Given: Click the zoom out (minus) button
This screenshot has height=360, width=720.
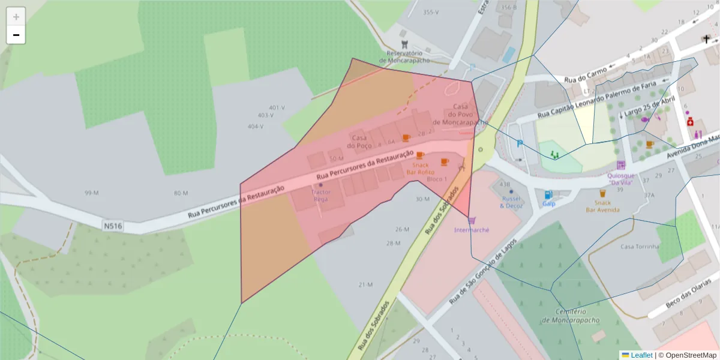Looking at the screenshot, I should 16,35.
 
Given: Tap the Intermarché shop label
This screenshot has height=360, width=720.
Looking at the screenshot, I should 472,230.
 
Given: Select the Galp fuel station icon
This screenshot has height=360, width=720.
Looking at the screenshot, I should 548,195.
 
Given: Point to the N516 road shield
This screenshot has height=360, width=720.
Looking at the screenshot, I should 112,226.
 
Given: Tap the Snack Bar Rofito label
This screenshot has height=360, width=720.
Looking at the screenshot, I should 420,169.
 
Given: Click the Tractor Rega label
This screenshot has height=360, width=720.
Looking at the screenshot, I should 320,195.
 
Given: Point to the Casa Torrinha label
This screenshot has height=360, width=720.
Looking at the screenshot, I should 640,247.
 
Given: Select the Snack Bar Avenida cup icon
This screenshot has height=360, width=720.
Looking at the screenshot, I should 602,193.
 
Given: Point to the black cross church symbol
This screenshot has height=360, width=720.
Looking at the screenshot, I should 706,40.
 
